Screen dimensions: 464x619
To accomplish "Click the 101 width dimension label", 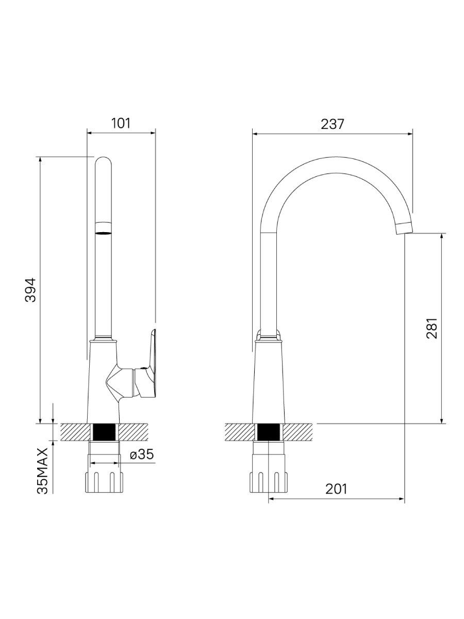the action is (121, 123).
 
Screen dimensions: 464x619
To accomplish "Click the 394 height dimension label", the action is (30, 290).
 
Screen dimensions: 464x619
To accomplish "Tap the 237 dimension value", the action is (333, 124).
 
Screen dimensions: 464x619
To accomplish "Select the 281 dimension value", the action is (432, 328).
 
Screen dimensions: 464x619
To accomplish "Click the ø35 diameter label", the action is (142, 454).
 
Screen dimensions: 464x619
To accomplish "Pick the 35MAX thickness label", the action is (43, 470).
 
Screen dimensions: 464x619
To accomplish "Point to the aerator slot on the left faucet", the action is (103, 233).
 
